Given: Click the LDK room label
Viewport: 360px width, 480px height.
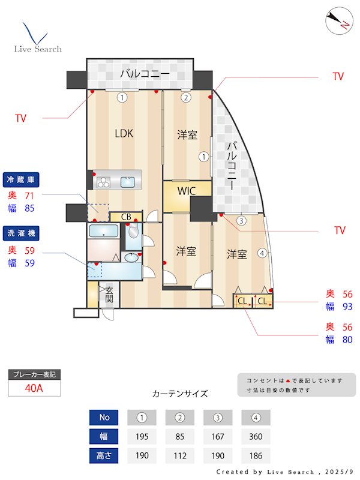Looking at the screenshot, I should pos(124,134).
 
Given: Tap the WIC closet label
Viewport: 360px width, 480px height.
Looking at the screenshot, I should pos(187,192).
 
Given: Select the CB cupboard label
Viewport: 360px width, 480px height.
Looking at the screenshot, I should pos(126,217).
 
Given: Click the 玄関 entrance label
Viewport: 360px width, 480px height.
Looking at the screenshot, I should pos(109,294).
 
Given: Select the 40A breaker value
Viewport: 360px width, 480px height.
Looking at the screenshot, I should pos(34,388).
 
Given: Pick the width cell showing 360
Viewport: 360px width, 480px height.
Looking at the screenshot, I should pos(256,436).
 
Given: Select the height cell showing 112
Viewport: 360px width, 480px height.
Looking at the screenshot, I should pos(180,455).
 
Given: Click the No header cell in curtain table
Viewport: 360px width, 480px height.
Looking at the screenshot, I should pos(104,417).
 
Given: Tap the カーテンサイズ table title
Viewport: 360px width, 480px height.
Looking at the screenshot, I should pos(180,394).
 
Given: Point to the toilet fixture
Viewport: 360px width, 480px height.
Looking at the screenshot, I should pos(133,233).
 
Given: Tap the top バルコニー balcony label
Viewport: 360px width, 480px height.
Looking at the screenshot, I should pos(143,74).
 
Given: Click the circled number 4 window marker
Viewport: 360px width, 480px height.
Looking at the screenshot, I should pos(262,253).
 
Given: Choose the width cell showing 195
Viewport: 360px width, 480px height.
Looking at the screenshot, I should pos(142,436).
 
